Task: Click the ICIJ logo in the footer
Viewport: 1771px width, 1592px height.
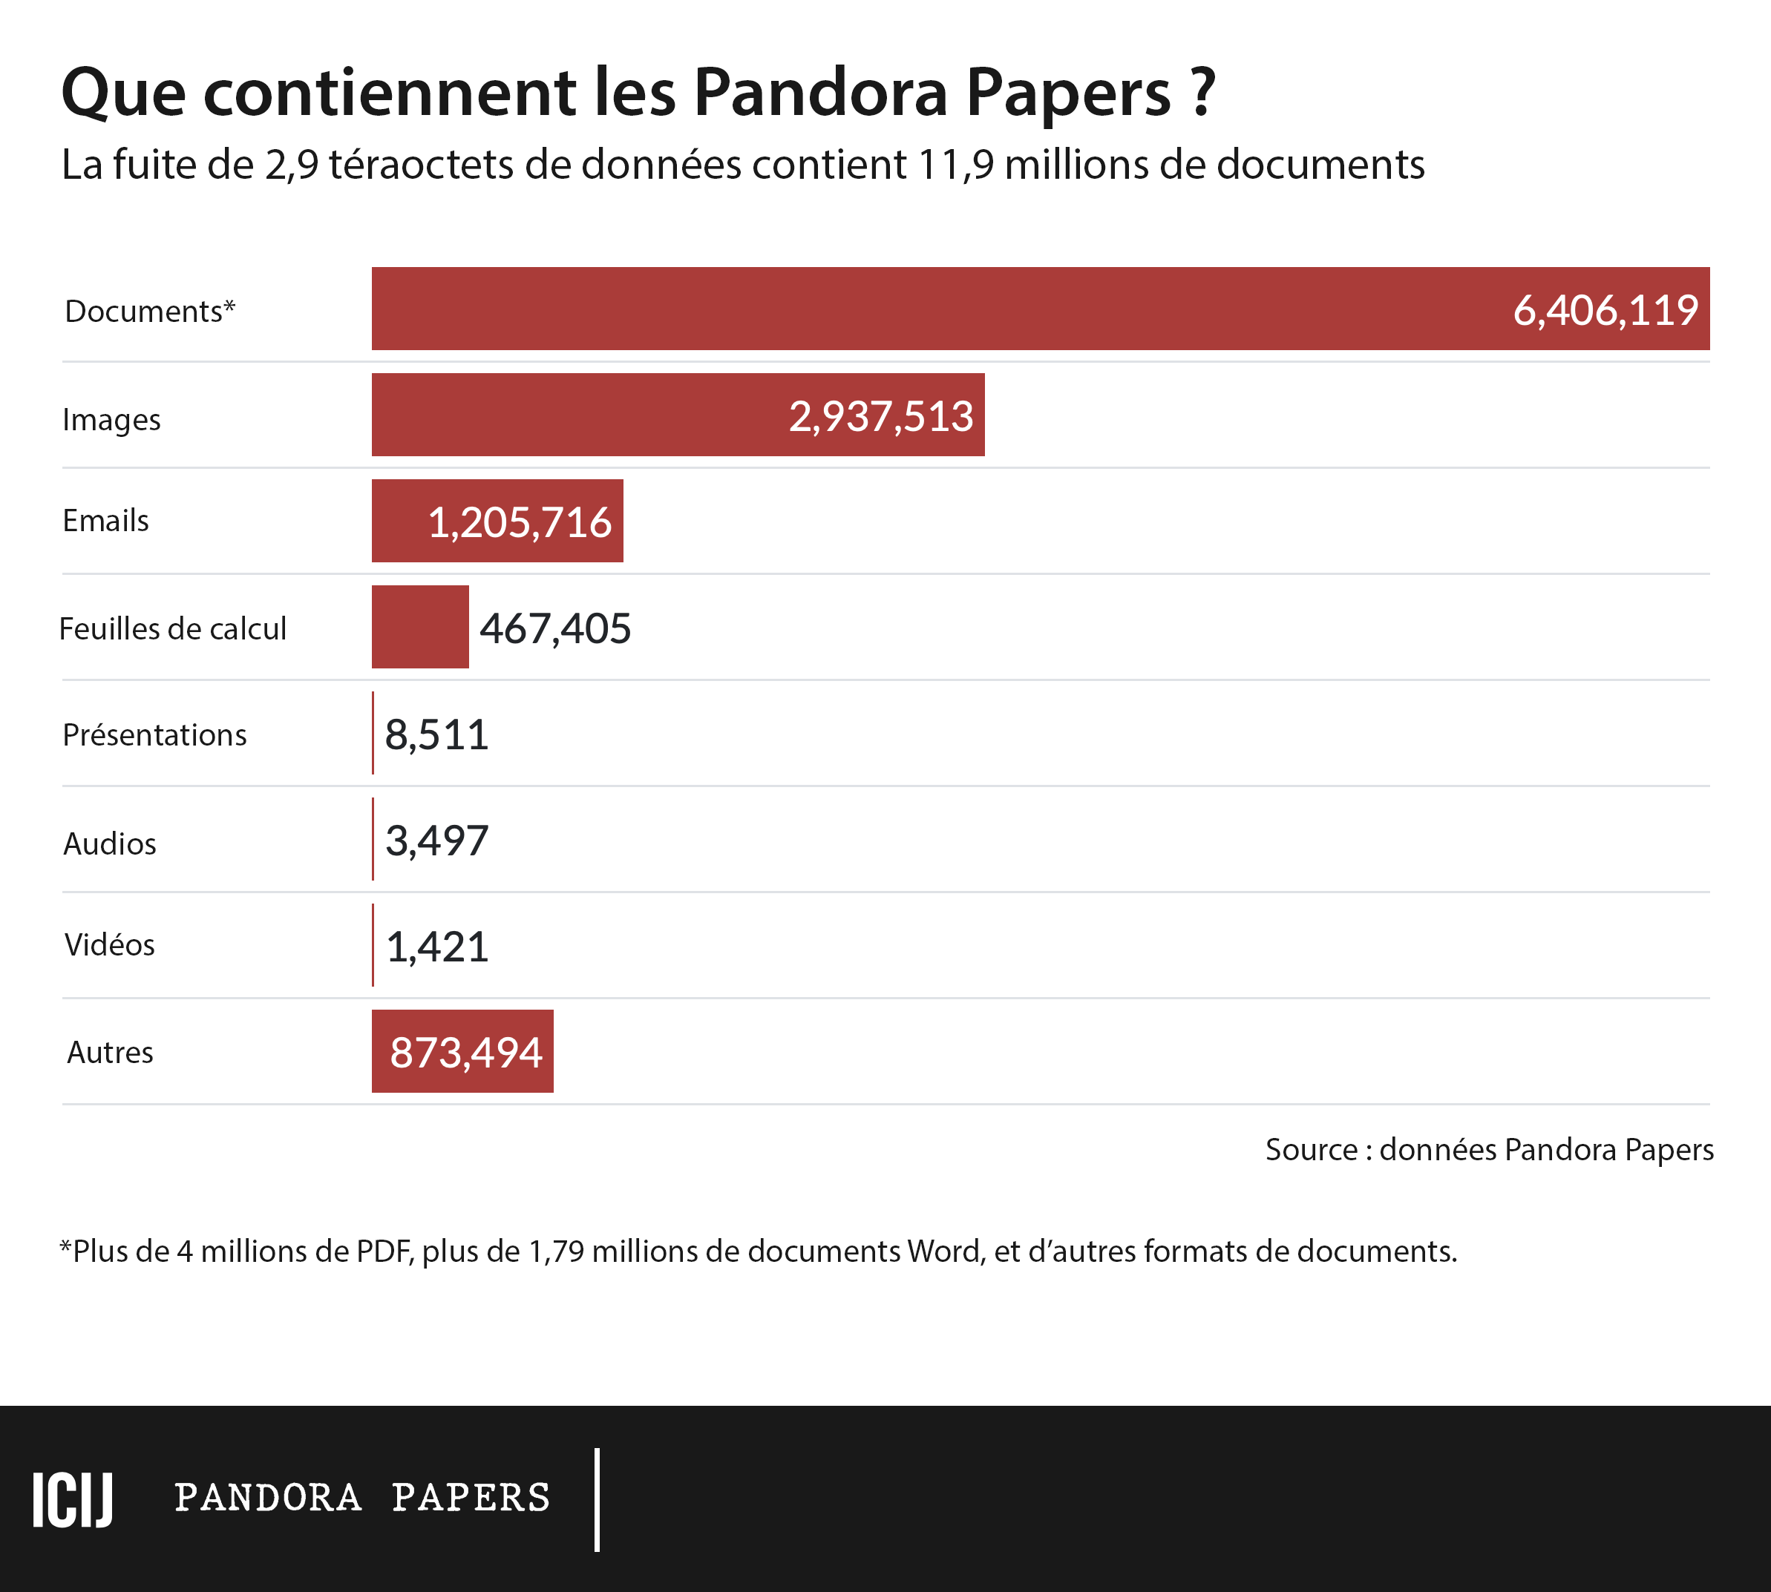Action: [73, 1499]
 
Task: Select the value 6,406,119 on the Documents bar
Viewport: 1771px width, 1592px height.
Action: [1605, 311]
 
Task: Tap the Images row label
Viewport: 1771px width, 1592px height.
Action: [111, 420]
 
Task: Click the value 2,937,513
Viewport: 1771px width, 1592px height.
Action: [880, 416]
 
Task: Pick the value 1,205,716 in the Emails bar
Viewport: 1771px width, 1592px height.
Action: [519, 522]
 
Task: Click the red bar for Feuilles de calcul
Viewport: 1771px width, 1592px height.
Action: [420, 627]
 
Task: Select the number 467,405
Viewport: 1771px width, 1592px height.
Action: [554, 629]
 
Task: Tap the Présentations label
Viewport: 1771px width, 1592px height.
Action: [154, 734]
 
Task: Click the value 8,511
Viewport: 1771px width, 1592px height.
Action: [436, 734]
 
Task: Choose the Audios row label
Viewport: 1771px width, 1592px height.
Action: [109, 843]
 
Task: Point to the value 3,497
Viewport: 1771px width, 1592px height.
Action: [436, 841]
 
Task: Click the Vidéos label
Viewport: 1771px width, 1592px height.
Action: [109, 944]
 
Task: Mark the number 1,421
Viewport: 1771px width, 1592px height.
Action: [436, 947]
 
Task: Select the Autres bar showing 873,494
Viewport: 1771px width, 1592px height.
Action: [463, 1051]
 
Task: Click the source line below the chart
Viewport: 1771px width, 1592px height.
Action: [1488, 1149]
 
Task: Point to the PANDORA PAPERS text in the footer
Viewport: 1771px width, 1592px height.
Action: [362, 1499]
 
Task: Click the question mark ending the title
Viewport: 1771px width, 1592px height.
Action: [1202, 92]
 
